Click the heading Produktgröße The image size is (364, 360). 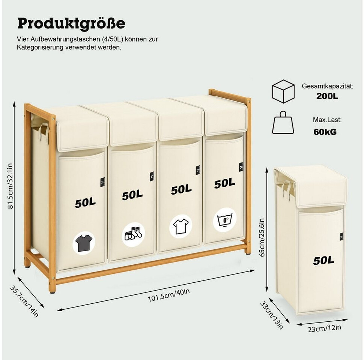(x=71, y=23)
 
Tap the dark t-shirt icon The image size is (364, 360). (x=84, y=242)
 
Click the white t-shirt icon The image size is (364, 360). (x=181, y=226)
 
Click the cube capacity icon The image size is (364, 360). (x=283, y=91)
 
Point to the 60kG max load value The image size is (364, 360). (x=325, y=132)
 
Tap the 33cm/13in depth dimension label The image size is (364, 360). (x=272, y=314)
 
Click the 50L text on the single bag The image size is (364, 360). (x=323, y=260)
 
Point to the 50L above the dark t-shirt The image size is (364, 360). (x=85, y=203)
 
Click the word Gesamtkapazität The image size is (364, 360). (x=328, y=86)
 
